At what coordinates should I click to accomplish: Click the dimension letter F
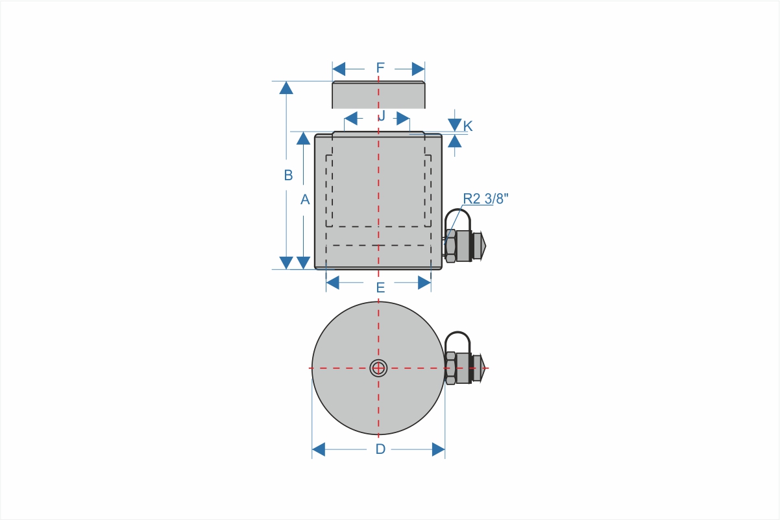click(x=380, y=67)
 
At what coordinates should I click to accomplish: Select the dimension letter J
click(x=382, y=116)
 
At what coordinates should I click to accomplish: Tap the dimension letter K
click(x=468, y=126)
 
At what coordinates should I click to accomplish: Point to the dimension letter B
click(x=288, y=175)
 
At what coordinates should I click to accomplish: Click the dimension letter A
click(x=305, y=200)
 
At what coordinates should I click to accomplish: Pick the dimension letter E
click(x=381, y=288)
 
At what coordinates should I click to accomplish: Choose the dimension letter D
click(x=381, y=449)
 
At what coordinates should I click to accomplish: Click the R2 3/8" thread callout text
click(x=486, y=198)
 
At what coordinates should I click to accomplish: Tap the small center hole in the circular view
click(x=378, y=368)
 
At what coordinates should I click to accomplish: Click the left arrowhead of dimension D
click(x=319, y=449)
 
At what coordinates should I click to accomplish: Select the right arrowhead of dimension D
click(x=439, y=449)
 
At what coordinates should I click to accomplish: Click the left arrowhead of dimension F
click(x=339, y=69)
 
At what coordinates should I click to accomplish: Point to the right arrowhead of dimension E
click(x=424, y=283)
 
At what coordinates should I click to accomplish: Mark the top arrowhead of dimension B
click(x=286, y=88)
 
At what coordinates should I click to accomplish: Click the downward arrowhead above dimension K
click(x=454, y=125)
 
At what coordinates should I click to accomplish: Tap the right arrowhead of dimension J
click(x=403, y=118)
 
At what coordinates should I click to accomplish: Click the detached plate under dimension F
click(x=378, y=95)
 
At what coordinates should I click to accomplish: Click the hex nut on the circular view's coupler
click(x=450, y=368)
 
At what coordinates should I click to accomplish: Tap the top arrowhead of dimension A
click(x=303, y=138)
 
